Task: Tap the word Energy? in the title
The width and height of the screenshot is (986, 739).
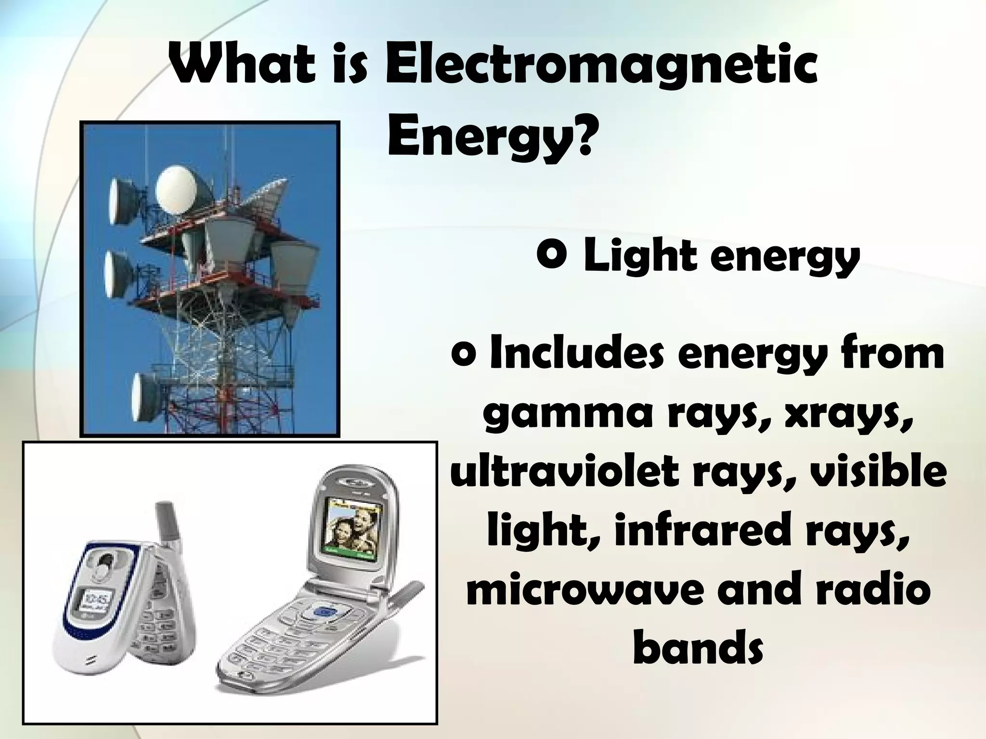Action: pos(488,137)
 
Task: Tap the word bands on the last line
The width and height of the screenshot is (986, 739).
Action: pos(698,646)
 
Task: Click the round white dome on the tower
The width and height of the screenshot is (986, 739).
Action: pos(175,191)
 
